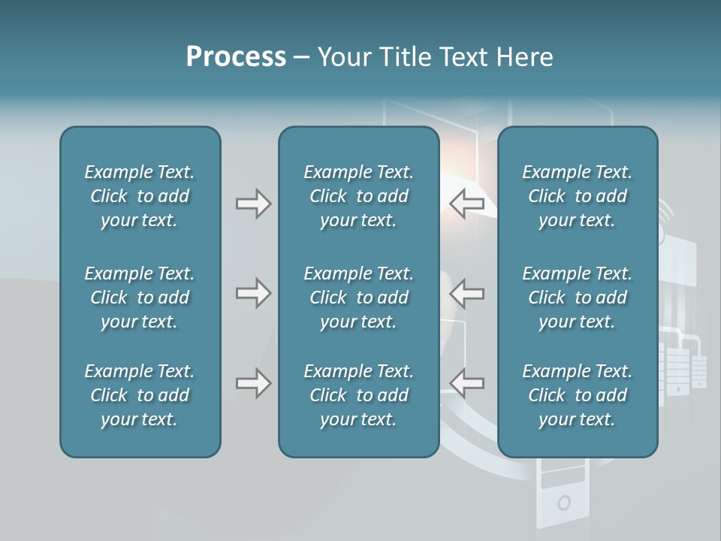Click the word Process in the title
(x=236, y=57)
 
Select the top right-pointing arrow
(x=253, y=204)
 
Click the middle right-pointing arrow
(x=253, y=293)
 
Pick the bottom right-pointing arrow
(x=253, y=383)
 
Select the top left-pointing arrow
(x=467, y=204)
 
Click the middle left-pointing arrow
(x=467, y=293)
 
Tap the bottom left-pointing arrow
(x=467, y=383)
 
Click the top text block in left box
(x=140, y=196)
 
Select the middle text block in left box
(x=140, y=298)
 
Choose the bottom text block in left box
(x=140, y=395)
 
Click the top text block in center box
(x=359, y=196)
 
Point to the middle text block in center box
(x=359, y=298)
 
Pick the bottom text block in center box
(x=359, y=395)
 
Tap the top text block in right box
(x=578, y=196)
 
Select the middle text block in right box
(x=578, y=298)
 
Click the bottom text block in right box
(x=578, y=395)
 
